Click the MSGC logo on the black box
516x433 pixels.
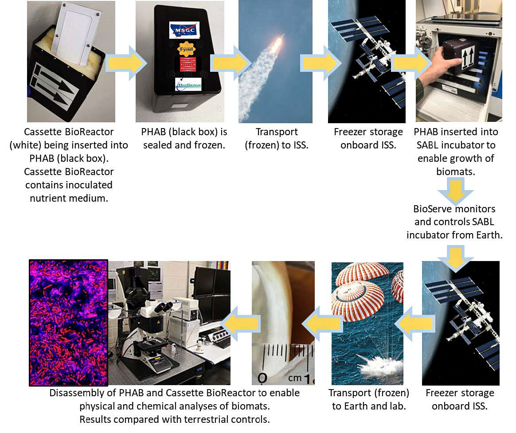(x=184, y=30)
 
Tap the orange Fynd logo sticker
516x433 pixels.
(x=186, y=49)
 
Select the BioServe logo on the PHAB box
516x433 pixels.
(x=188, y=84)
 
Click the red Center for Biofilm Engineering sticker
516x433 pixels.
(x=188, y=64)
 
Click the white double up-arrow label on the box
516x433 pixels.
(x=468, y=56)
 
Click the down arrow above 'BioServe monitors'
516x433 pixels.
(x=455, y=191)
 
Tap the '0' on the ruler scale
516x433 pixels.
(x=262, y=378)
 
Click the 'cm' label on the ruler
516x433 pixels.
(x=295, y=378)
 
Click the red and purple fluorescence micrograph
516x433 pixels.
(x=68, y=323)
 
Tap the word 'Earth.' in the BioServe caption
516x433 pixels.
(x=489, y=235)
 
